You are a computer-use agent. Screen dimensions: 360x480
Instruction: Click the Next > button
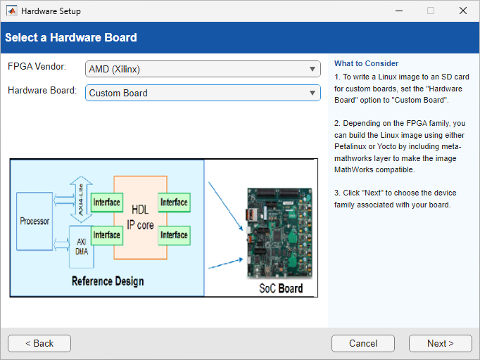pyautogui.click(x=440, y=343)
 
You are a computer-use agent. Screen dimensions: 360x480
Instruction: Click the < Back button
pyautogui.click(x=39, y=343)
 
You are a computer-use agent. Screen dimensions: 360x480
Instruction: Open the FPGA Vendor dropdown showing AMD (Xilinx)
pyautogui.click(x=203, y=69)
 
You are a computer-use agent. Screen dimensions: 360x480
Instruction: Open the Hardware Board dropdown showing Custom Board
pyautogui.click(x=203, y=93)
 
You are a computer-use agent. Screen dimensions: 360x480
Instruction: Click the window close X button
pyautogui.click(x=462, y=11)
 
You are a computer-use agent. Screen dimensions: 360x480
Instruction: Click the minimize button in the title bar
pyautogui.click(x=398, y=11)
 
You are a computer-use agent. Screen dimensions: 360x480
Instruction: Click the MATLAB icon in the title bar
pyautogui.click(x=12, y=11)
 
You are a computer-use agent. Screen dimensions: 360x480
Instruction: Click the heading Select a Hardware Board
pyautogui.click(x=71, y=37)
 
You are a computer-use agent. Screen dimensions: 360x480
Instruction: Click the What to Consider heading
pyautogui.click(x=366, y=64)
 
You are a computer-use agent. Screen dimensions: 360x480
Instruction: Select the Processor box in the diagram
pyautogui.click(x=34, y=221)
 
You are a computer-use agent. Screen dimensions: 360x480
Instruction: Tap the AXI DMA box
pyautogui.click(x=81, y=247)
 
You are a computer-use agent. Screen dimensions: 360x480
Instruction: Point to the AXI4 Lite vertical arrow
pyautogui.click(x=80, y=200)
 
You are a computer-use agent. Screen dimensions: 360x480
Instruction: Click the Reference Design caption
pyautogui.click(x=108, y=281)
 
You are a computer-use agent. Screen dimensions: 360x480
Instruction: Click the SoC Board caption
pyautogui.click(x=281, y=288)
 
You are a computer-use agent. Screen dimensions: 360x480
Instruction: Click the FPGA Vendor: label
pyautogui.click(x=37, y=66)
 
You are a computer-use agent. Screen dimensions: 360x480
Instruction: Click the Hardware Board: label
pyautogui.click(x=42, y=90)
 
